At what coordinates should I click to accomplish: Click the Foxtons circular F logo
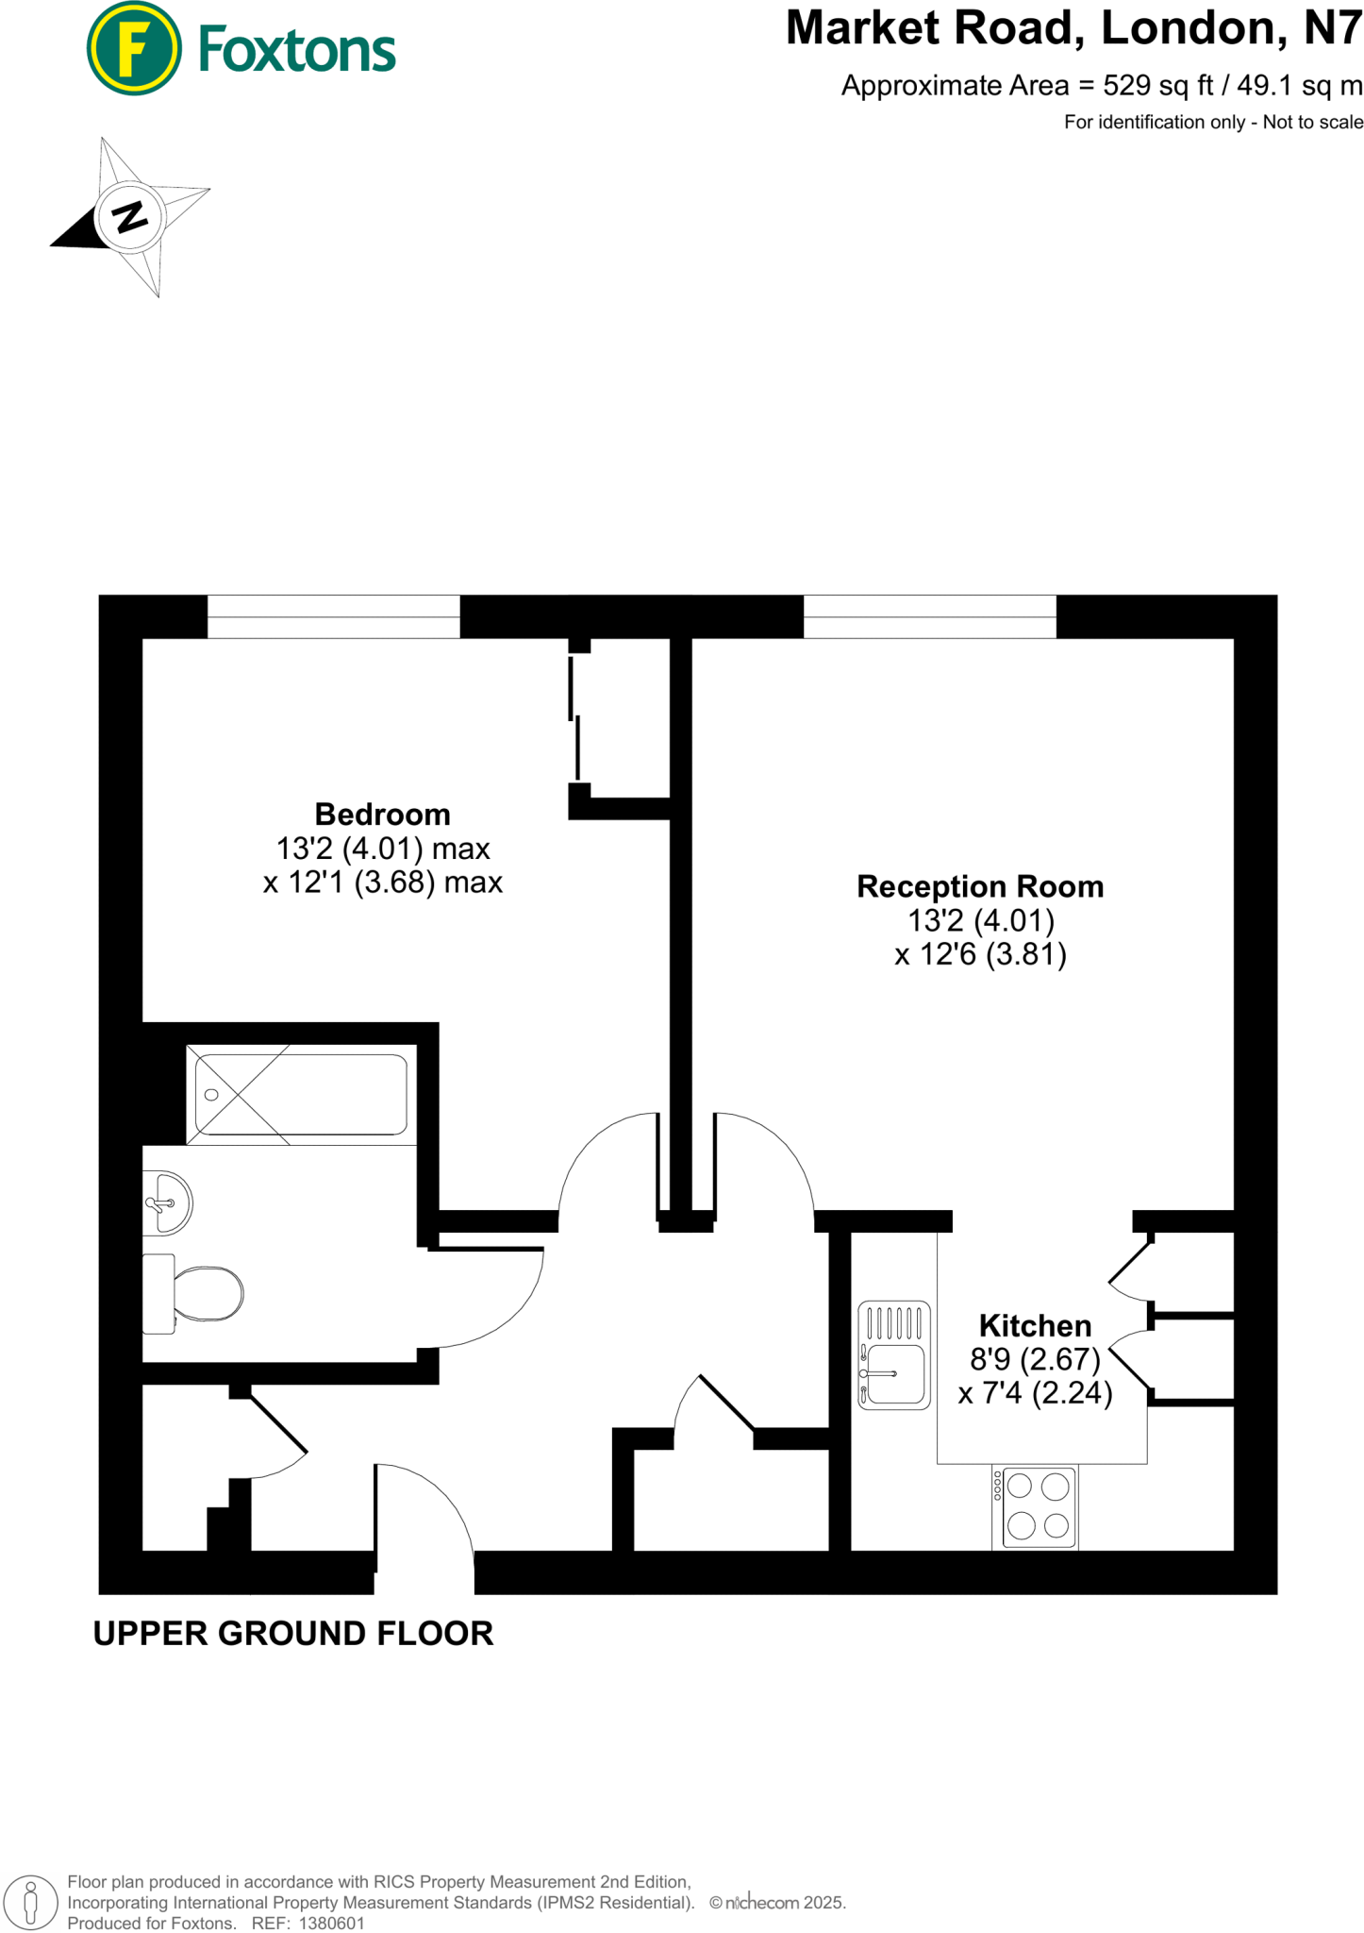(133, 48)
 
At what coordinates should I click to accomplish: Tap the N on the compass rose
(130, 217)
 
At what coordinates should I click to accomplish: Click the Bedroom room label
(382, 814)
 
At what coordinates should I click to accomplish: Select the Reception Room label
(979, 886)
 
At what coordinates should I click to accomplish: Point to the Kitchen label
(1035, 1325)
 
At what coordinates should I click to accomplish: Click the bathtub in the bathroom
(301, 1095)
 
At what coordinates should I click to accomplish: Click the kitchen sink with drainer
(893, 1354)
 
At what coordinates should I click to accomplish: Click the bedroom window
(333, 616)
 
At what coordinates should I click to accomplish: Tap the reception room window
(929, 616)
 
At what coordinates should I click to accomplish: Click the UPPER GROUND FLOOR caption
(293, 1633)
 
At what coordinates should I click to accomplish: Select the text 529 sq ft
(1158, 86)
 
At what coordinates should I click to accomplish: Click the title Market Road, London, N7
(1073, 28)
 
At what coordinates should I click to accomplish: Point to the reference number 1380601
(331, 1923)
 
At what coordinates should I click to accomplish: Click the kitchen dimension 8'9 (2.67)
(1035, 1359)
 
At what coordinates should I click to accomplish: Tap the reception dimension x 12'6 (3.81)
(980, 954)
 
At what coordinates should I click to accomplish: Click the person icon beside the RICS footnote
(31, 1901)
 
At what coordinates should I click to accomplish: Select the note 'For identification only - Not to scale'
(1213, 122)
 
